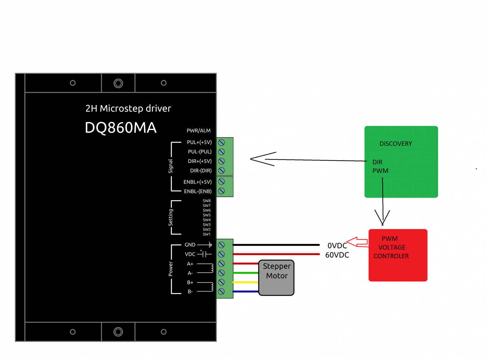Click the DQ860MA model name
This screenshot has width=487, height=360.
(x=121, y=128)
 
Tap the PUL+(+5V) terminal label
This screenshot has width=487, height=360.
(x=199, y=142)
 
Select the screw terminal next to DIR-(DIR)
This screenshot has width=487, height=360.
(x=222, y=171)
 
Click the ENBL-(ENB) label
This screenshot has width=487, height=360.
(x=198, y=191)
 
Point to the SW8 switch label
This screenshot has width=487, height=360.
(x=207, y=201)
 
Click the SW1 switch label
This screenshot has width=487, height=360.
(x=207, y=234)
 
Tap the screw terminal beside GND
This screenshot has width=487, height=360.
(x=222, y=245)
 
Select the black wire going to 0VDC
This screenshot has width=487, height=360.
(x=276, y=245)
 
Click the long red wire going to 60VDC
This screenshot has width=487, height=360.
(x=276, y=254)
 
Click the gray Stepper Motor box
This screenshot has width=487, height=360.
(x=276, y=285)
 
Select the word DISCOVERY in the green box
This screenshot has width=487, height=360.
(x=396, y=144)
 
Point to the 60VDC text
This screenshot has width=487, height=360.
(x=337, y=255)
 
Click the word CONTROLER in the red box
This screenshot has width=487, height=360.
(x=391, y=256)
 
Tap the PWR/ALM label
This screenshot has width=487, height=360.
(x=198, y=131)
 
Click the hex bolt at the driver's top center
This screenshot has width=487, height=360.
(x=118, y=83)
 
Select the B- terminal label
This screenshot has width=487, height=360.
(x=190, y=292)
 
